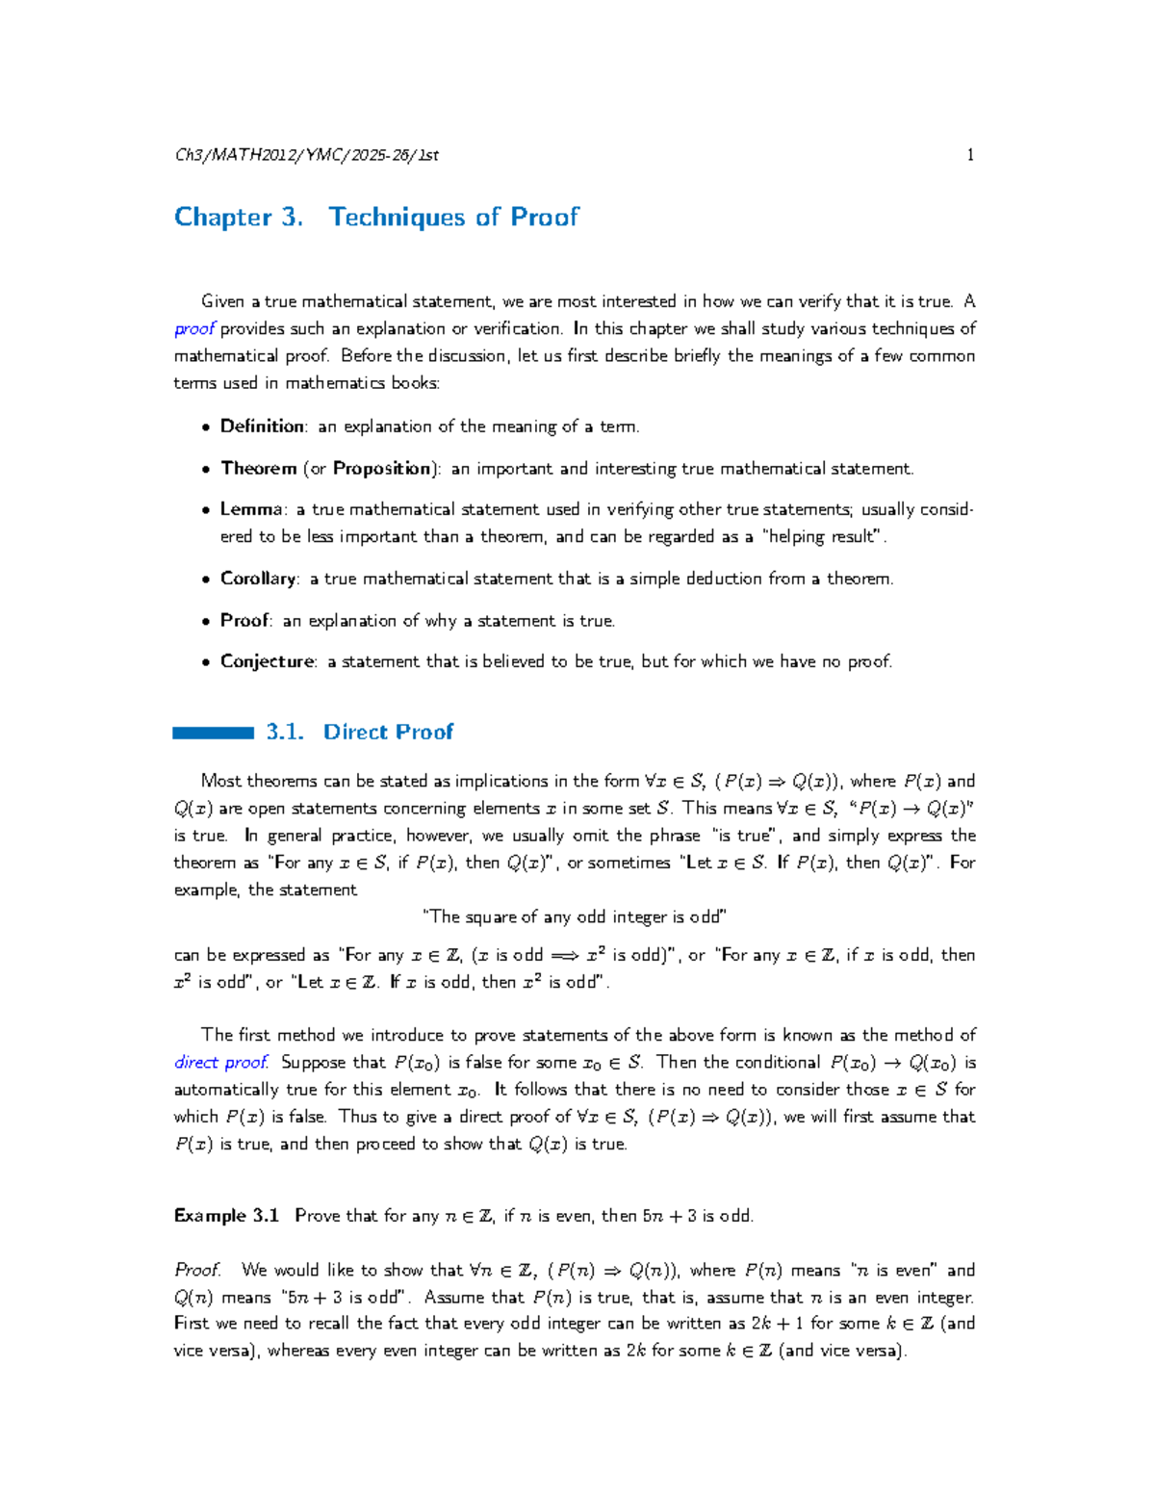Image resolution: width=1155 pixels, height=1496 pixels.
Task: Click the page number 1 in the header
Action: [970, 155]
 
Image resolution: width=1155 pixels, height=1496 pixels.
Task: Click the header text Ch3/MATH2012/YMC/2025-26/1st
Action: [306, 155]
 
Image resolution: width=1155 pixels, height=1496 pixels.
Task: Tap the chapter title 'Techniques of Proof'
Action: [453, 218]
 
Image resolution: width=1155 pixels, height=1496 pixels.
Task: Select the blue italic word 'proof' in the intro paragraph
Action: [194, 329]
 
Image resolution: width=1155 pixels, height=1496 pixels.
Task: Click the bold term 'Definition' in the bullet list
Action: [262, 426]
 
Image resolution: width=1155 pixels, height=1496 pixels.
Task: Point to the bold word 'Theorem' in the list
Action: [258, 469]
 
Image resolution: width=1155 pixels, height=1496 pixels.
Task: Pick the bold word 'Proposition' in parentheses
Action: [382, 469]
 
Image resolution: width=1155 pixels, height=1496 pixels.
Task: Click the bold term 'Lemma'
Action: [251, 509]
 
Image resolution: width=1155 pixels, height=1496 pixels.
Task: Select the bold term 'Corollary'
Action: [258, 579]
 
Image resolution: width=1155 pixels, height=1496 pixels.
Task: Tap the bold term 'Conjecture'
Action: [267, 661]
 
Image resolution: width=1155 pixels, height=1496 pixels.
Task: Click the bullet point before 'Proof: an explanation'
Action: [205, 622]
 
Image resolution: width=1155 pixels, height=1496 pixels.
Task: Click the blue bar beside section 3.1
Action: [213, 734]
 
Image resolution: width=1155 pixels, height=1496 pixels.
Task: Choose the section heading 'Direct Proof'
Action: [388, 733]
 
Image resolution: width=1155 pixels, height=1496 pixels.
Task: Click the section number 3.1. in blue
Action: [285, 733]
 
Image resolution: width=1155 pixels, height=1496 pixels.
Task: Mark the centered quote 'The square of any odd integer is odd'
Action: [575, 917]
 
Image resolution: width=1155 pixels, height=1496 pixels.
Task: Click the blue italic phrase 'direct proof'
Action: [220, 1063]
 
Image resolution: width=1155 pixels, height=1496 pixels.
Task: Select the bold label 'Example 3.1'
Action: [226, 1216]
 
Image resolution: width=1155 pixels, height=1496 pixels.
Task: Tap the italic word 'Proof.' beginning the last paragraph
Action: [197, 1271]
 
